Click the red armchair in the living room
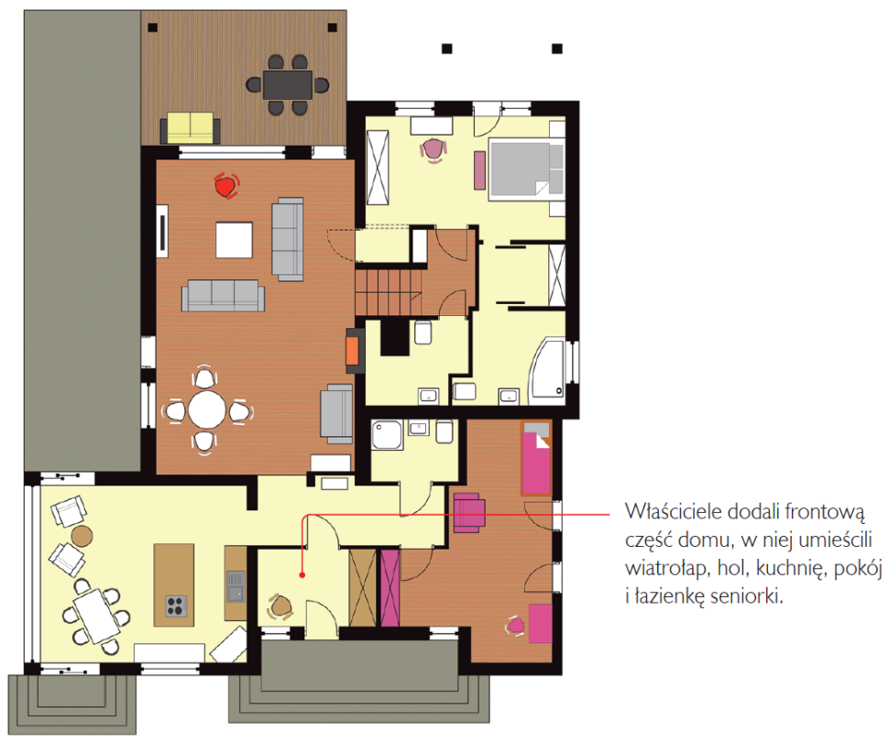pyautogui.click(x=226, y=185)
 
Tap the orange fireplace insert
pyautogui.click(x=352, y=350)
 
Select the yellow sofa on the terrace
pyautogui.click(x=191, y=128)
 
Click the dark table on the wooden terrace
pyautogui.click(x=287, y=84)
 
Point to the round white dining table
pyautogui.click(x=207, y=409)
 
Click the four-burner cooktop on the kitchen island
pyautogui.click(x=176, y=606)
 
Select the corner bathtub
pyautogui.click(x=547, y=372)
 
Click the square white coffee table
pyautogui.click(x=234, y=239)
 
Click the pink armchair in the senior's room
pyautogui.click(x=469, y=513)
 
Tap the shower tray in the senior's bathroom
pyautogui.click(x=388, y=435)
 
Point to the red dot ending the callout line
pyautogui.click(x=302, y=575)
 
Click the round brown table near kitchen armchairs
pyautogui.click(x=82, y=536)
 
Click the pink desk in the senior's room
pyautogui.click(x=541, y=624)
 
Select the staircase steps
pyautogui.click(x=390, y=292)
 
